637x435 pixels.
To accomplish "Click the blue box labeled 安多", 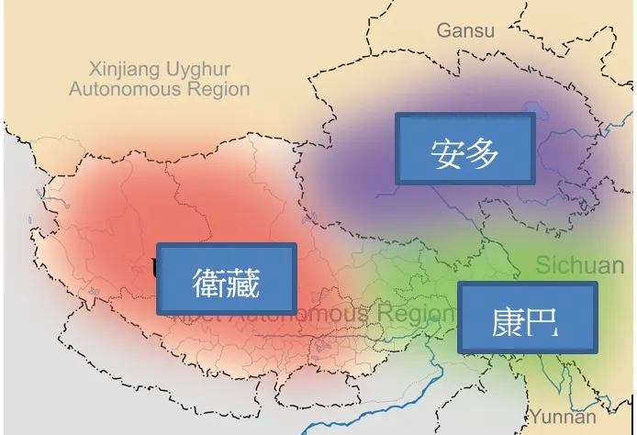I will [464, 149].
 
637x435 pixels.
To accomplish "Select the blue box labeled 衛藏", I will [227, 279].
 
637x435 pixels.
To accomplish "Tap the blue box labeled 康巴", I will [527, 318].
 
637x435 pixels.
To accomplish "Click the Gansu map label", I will [465, 30].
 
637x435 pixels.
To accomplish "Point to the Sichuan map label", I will [579, 266].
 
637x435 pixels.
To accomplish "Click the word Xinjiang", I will [124, 69].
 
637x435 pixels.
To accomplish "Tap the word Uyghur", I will [196, 70].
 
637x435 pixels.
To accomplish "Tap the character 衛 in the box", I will [209, 282].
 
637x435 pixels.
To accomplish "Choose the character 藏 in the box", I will [244, 282].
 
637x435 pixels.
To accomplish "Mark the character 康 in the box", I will [507, 320].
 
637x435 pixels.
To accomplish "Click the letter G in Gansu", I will [443, 30].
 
